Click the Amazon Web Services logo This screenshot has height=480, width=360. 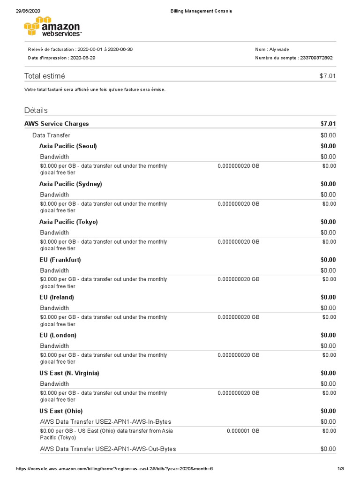[52, 27]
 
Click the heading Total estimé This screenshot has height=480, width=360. [45, 76]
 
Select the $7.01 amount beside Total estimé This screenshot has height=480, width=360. [327, 76]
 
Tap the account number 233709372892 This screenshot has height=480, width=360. [317, 58]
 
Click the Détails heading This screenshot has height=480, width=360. [36, 110]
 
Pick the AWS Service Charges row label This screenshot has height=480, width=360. [56, 124]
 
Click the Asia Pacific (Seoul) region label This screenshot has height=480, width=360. [68, 146]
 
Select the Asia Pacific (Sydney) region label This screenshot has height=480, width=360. [70, 184]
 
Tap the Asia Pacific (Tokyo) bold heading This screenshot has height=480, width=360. [68, 222]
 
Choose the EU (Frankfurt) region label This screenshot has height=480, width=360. [60, 260]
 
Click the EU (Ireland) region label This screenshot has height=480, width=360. [57, 297]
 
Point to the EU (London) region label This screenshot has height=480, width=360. [58, 335]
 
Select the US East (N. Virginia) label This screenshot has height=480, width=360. [69, 373]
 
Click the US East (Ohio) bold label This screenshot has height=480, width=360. [61, 411]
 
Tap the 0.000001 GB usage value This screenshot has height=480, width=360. [243, 431]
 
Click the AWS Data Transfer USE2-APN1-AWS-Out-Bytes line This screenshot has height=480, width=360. [108, 449]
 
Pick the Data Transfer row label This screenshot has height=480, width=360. [51, 135]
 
